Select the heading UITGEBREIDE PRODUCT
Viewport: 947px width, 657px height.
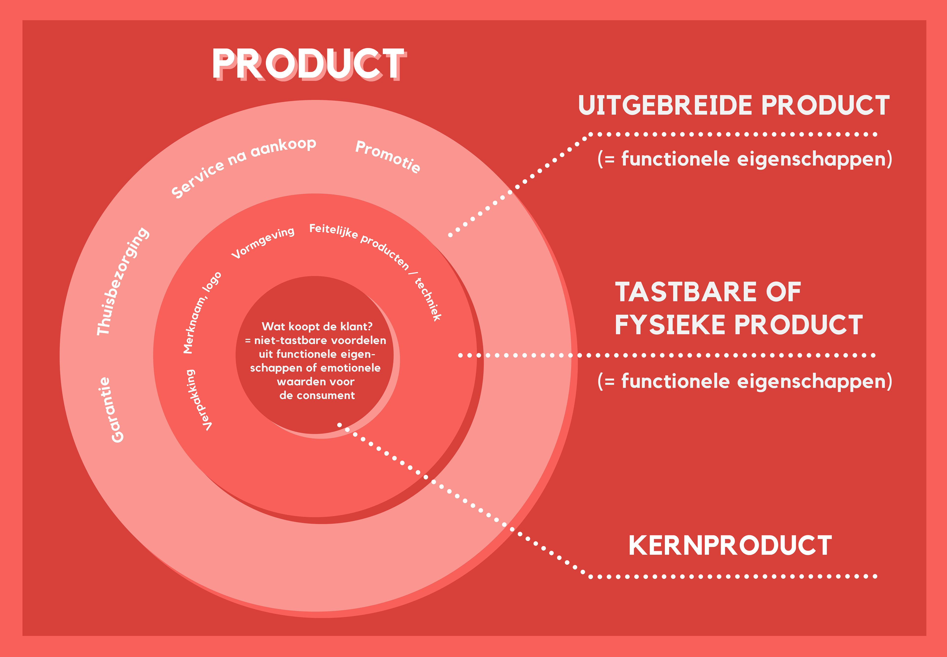(x=734, y=105)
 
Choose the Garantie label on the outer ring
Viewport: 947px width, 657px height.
(x=111, y=409)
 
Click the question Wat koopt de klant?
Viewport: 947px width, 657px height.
(x=317, y=326)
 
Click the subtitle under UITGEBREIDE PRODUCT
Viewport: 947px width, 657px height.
(x=745, y=159)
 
